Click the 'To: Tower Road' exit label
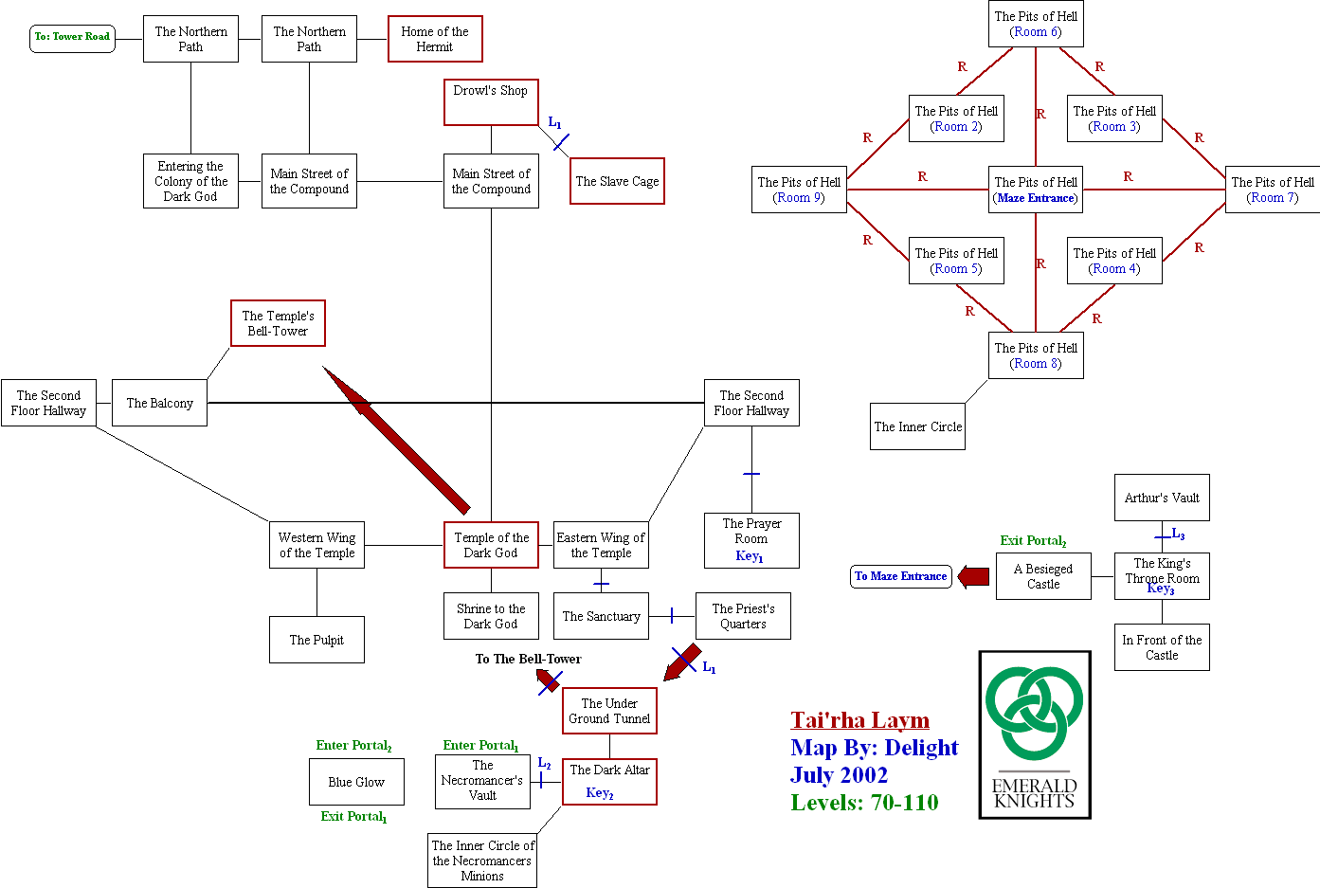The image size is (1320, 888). tap(72, 37)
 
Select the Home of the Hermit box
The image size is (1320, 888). tap(435, 39)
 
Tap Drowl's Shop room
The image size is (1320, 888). tap(491, 101)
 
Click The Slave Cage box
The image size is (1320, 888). tap(617, 181)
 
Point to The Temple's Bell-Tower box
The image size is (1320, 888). tap(278, 323)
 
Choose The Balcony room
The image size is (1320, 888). tap(159, 403)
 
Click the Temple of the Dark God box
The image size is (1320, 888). tap(491, 545)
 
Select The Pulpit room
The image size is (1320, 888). tap(316, 640)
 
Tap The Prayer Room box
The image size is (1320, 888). tap(751, 540)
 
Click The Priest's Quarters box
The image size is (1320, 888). tap(743, 616)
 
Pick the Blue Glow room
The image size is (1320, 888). tap(356, 782)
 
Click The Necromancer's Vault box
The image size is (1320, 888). tap(482, 781)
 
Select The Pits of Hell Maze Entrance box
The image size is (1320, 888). tap(1036, 190)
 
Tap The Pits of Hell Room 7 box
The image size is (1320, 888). tap(1272, 190)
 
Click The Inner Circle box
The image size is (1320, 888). tap(917, 426)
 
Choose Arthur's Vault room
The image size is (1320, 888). tap(1162, 498)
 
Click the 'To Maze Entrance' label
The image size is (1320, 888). tap(900, 576)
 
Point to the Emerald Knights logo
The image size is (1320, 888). tap(1035, 734)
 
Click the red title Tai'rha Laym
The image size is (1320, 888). tap(860, 720)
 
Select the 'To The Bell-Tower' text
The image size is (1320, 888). tap(528, 659)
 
